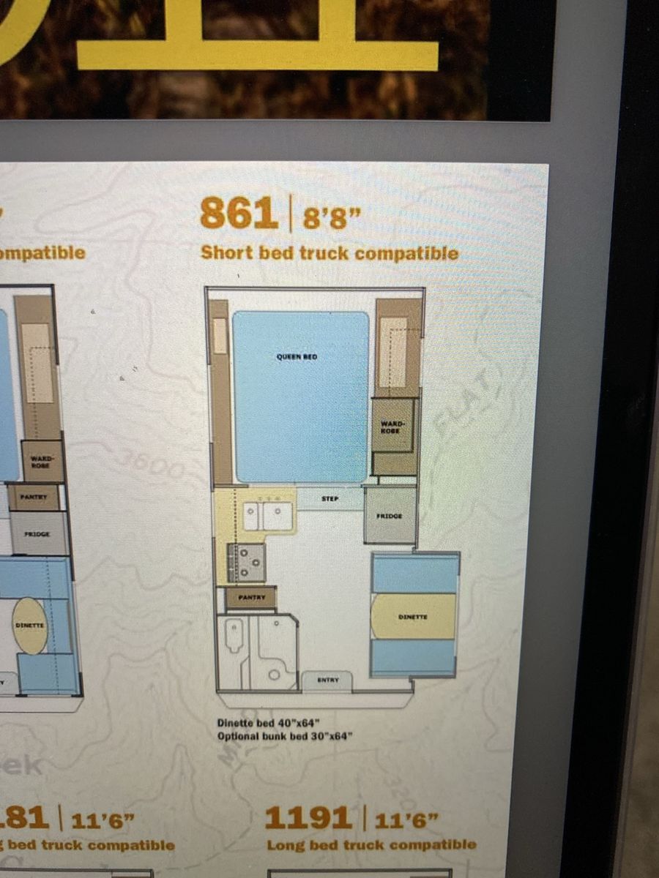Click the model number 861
point(239,215)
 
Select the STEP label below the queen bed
point(329,498)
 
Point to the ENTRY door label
point(327,680)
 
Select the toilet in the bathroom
point(234,637)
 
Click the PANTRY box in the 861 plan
point(250,598)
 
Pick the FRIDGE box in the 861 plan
point(390,516)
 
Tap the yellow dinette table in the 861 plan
point(413,617)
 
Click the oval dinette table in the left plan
point(31,626)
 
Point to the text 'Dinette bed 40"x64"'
point(269,723)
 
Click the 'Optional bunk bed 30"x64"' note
point(285,736)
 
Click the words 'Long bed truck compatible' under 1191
point(371,845)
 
